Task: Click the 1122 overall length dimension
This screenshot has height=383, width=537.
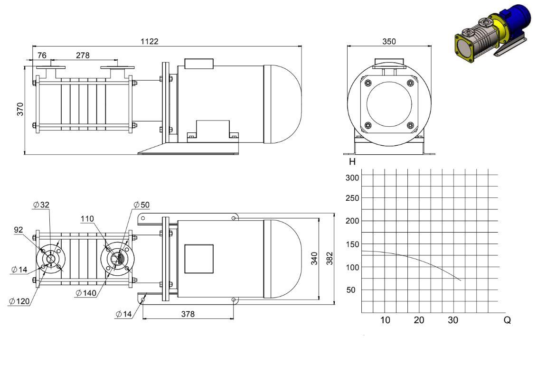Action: pos(150,41)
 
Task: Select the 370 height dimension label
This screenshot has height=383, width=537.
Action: pos(20,109)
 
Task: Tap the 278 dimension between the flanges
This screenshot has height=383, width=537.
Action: pos(83,55)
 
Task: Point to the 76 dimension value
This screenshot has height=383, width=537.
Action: pos(42,55)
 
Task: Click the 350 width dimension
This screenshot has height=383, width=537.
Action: pos(389,41)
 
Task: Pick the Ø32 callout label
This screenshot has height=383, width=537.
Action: pos(41,205)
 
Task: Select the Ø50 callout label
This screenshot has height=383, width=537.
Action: pos(142,205)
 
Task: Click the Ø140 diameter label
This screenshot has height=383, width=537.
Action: pos(86,293)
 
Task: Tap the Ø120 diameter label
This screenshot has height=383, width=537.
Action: pos(19,301)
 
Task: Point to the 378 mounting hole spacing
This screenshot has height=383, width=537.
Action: pos(188,314)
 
